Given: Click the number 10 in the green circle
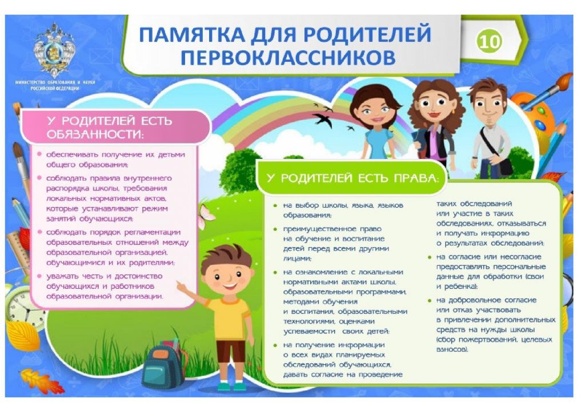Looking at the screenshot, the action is tap(489, 41).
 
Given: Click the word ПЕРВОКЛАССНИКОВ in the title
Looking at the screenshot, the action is tap(288, 58).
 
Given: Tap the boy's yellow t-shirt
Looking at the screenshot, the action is tap(229, 318).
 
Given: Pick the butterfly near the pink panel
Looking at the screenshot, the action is tap(206, 217).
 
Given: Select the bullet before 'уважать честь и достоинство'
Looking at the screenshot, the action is tap(39, 276).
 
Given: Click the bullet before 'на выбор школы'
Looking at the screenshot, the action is tap(275, 205).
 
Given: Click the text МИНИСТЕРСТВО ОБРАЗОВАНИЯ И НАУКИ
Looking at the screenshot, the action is tap(55, 82).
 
